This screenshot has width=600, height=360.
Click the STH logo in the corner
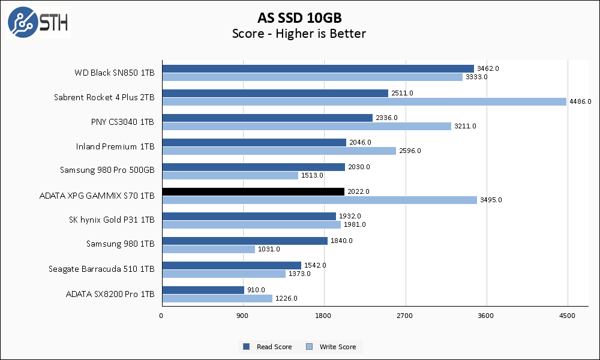pos(38,22)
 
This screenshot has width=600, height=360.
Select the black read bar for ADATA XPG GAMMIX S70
pos(253,191)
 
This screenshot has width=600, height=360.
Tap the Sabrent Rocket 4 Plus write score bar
pos(364,101)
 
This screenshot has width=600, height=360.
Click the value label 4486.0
pos(580,101)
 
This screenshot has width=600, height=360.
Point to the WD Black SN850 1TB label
pos(115,73)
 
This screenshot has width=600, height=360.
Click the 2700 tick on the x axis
pos(405,316)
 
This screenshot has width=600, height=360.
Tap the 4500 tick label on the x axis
pos(567,316)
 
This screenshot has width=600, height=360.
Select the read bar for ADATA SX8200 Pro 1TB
pos(203,290)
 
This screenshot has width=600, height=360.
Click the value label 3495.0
pos(490,200)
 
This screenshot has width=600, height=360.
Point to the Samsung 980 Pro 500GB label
pos(107,170)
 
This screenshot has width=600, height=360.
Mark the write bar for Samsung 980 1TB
pos(208,249)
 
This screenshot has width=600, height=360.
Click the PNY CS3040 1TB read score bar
pos(267,118)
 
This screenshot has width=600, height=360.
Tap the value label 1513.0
pos(311,175)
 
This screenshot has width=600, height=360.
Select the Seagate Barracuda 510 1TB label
pos(101,269)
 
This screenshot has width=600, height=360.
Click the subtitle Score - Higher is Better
pos(299,34)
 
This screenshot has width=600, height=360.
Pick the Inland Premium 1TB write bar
pos(278,151)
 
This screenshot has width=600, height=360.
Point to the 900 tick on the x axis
pos(243,316)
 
